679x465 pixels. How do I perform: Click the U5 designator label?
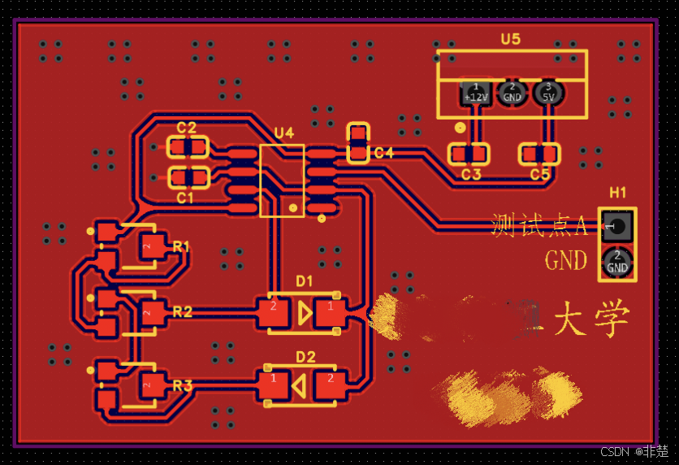(511, 39)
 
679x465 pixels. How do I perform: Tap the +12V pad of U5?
(475, 93)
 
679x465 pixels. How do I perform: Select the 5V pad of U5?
(548, 93)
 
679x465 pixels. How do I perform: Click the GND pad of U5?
(512, 93)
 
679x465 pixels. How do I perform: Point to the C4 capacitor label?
(383, 153)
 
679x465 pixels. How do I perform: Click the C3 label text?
(471, 175)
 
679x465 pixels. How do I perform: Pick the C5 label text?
(540, 175)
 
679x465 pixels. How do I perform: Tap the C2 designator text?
(186, 128)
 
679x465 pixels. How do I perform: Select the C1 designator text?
(186, 198)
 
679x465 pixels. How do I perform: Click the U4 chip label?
(284, 133)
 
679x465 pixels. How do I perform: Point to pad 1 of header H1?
(617, 227)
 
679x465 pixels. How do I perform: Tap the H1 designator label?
(618, 193)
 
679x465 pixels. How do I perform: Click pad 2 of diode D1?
(274, 313)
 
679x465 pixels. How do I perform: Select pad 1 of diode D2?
(274, 385)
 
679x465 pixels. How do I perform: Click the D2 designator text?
(305, 357)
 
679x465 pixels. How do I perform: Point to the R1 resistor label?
(182, 246)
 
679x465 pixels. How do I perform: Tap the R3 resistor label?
(182, 385)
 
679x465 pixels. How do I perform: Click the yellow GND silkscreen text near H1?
(566, 261)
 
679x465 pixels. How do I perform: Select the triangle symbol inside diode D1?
(304, 313)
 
